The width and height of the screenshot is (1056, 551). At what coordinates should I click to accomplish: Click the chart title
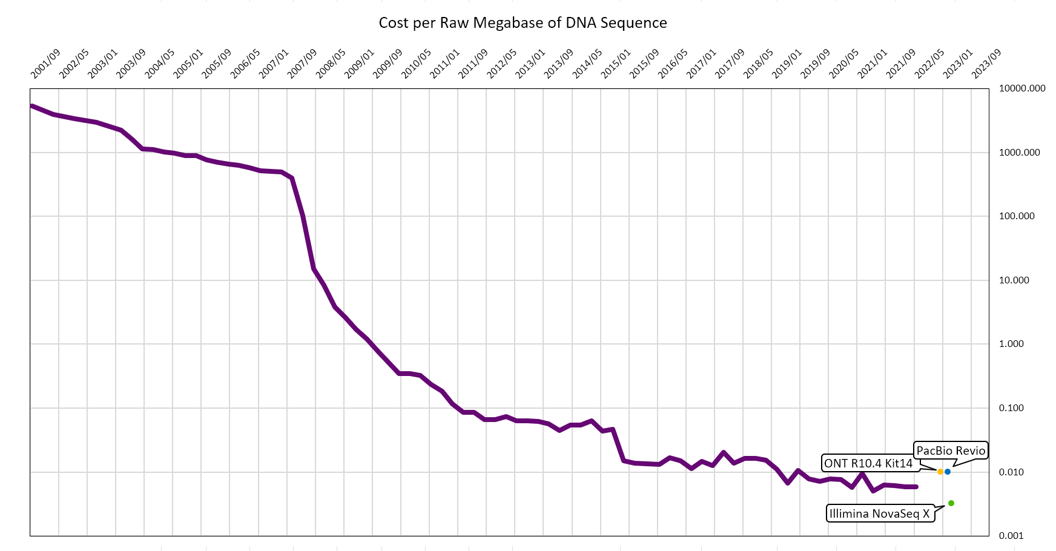(523, 23)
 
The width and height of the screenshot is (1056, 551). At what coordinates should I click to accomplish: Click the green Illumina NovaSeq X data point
(951, 503)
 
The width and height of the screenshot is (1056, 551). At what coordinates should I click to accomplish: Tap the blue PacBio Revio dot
(948, 472)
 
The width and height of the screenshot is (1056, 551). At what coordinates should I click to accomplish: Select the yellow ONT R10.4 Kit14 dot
(940, 472)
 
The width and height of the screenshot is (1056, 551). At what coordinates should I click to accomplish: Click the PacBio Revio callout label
(951, 450)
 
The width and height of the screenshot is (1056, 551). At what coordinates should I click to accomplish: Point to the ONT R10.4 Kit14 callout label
(868, 464)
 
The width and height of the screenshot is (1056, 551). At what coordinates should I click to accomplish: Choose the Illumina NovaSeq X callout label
(879, 514)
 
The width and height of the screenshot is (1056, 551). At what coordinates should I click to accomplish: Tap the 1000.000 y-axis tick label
(1020, 153)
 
